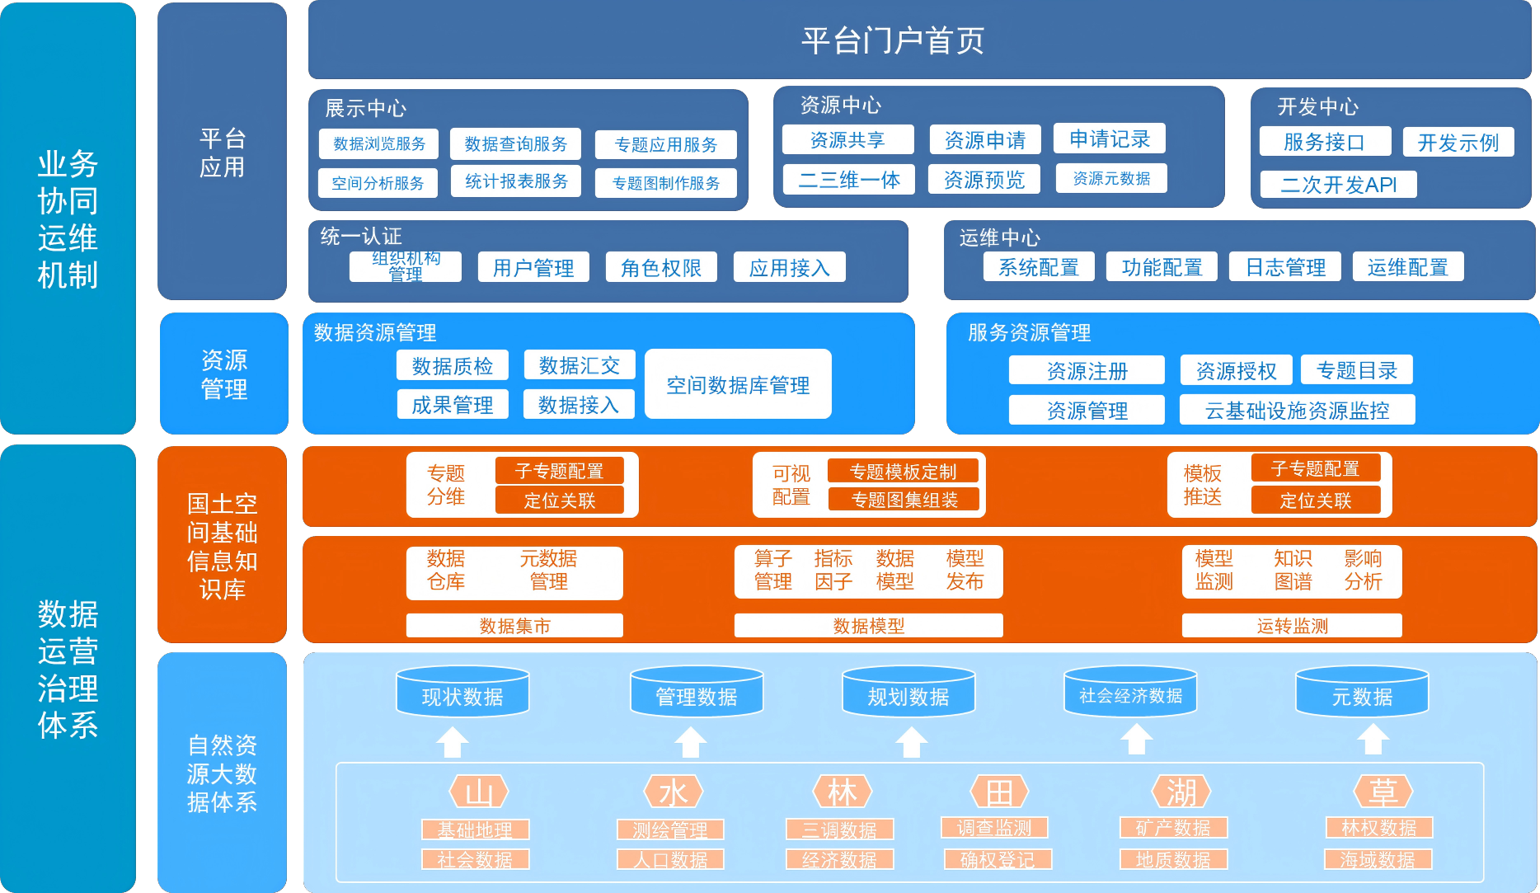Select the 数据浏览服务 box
tap(379, 143)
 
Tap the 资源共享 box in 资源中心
tap(847, 139)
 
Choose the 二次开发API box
tap(1338, 184)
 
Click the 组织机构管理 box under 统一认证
tap(405, 266)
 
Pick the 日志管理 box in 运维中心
tap(1284, 267)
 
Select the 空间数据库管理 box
tap(738, 384)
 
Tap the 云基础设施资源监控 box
tap(1297, 410)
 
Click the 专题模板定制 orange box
tap(903, 471)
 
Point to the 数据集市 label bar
tap(514, 626)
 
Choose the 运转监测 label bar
tap(1292, 626)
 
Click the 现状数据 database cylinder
tap(462, 693)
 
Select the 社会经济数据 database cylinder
tap(1130, 693)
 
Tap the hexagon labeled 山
tap(479, 792)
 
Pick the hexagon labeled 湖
tap(1181, 792)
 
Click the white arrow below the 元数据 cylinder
tap(1373, 740)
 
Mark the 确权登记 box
tap(998, 859)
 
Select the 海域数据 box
tap(1378, 859)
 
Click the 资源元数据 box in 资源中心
tap(1111, 178)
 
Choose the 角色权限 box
tap(661, 267)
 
